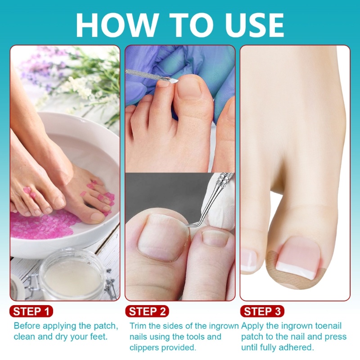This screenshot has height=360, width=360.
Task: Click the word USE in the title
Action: [x=255, y=25]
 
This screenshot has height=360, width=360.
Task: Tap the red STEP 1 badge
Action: [x=31, y=311]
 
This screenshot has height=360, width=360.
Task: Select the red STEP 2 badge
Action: [x=147, y=311]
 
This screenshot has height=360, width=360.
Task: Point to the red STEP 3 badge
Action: [x=262, y=311]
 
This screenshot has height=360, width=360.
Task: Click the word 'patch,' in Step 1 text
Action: [x=106, y=326]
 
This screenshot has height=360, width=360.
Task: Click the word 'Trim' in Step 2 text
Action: [x=138, y=326]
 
